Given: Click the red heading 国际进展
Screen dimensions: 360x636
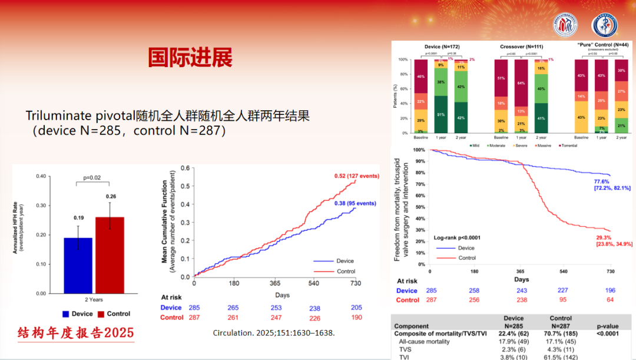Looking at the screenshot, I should point(190,58).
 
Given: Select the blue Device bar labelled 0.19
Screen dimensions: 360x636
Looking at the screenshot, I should point(78,265).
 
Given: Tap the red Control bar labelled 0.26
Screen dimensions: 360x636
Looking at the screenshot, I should point(110,255).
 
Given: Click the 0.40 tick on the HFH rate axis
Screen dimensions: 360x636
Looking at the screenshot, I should point(40,176).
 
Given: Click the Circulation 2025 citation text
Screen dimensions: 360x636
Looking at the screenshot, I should point(273,333).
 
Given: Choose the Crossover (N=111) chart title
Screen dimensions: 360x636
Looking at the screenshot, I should point(521,46).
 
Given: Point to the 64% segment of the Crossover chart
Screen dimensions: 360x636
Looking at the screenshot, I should point(522,83).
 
